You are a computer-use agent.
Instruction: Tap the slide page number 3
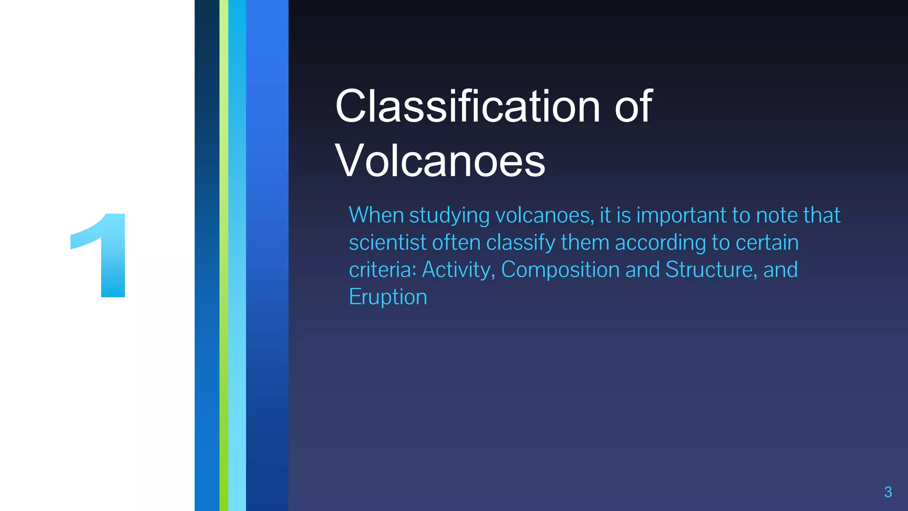click(888, 492)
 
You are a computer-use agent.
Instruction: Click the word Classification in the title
click(468, 106)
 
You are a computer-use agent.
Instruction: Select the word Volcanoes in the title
click(440, 161)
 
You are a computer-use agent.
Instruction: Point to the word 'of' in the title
click(633, 106)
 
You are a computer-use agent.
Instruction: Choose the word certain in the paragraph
click(767, 243)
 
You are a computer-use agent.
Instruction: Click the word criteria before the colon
click(381, 270)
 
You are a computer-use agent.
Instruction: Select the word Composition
click(560, 270)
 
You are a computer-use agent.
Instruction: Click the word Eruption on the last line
click(388, 297)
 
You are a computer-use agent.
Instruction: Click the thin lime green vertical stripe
click(224, 255)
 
